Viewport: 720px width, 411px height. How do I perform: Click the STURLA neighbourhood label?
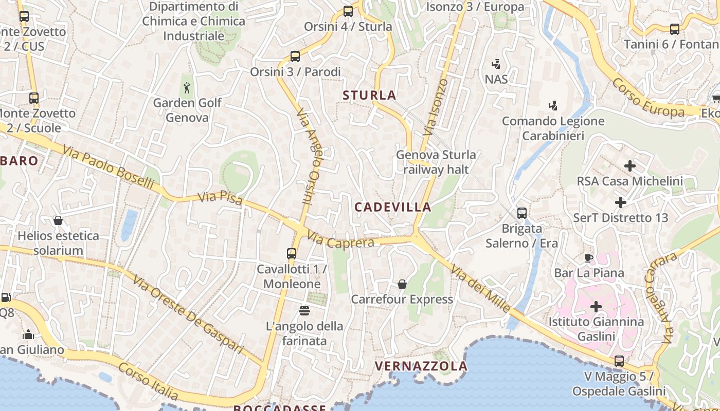click(369, 95)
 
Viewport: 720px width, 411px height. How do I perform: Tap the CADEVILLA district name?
click(393, 207)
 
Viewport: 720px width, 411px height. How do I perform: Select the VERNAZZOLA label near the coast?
click(421, 366)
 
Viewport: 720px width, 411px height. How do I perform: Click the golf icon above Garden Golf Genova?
click(187, 88)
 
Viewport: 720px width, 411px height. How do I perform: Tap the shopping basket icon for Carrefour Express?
click(402, 284)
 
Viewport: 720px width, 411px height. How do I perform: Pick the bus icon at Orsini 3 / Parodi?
click(295, 57)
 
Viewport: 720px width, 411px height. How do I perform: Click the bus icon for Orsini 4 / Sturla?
click(348, 11)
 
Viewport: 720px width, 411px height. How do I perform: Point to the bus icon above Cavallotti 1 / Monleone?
click(291, 254)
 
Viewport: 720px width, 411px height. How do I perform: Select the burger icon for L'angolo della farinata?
click(304, 310)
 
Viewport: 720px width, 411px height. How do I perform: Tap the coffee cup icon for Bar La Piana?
click(589, 258)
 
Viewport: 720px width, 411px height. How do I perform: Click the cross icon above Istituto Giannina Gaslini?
click(596, 307)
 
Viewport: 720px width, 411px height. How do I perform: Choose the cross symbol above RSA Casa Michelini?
click(630, 166)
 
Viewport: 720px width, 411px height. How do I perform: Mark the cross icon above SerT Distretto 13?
click(620, 202)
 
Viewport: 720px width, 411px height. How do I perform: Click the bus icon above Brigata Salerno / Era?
click(521, 213)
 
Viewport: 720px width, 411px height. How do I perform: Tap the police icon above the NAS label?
click(496, 64)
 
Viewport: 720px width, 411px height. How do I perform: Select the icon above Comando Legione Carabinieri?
click(553, 106)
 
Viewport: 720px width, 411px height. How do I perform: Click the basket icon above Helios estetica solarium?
click(58, 221)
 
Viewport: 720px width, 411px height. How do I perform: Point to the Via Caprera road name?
click(340, 240)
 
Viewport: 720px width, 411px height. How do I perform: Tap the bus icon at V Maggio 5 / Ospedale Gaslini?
click(619, 361)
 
